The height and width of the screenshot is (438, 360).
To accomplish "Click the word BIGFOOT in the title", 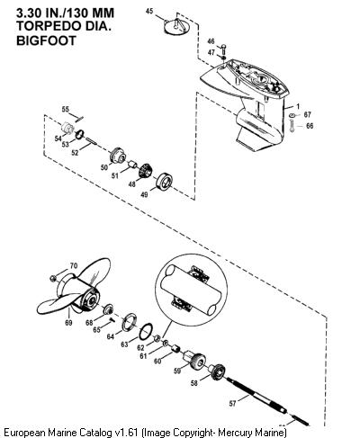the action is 46,40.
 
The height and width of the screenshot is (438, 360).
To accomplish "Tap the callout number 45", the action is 149,12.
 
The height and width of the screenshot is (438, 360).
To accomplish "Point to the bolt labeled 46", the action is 223,49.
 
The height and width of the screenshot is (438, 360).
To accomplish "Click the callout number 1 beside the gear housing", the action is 298,106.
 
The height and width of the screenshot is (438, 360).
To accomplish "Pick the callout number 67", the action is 308,114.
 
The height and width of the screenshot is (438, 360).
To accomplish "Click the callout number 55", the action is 66,109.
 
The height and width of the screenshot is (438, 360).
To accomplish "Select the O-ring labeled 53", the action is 79,134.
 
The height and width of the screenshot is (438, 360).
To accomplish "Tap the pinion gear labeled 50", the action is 118,156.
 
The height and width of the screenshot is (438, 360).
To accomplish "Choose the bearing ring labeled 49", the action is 165,182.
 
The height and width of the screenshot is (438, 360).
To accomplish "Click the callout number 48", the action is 132,184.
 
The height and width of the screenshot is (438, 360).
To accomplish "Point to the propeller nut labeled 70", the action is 53,279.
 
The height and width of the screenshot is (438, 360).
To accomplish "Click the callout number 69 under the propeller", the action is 68,323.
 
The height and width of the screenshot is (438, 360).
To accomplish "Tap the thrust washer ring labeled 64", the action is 130,321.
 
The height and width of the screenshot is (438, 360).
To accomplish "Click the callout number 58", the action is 194,383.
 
